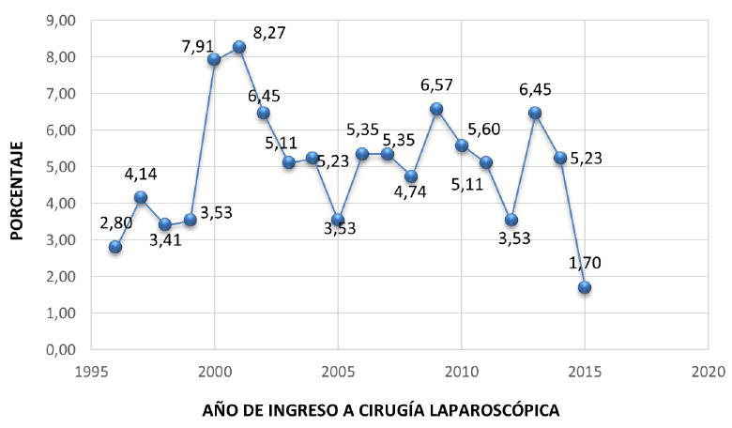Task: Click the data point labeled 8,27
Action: click(239, 47)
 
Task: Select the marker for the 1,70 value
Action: click(585, 287)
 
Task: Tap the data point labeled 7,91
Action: click(214, 59)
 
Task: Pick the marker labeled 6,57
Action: click(436, 109)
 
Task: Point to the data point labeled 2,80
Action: click(115, 247)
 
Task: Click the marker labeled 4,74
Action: click(411, 176)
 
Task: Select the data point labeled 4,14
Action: click(141, 197)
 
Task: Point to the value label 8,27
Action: click(269, 33)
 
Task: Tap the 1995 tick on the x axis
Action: click(91, 370)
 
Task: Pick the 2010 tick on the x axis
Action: click(461, 370)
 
